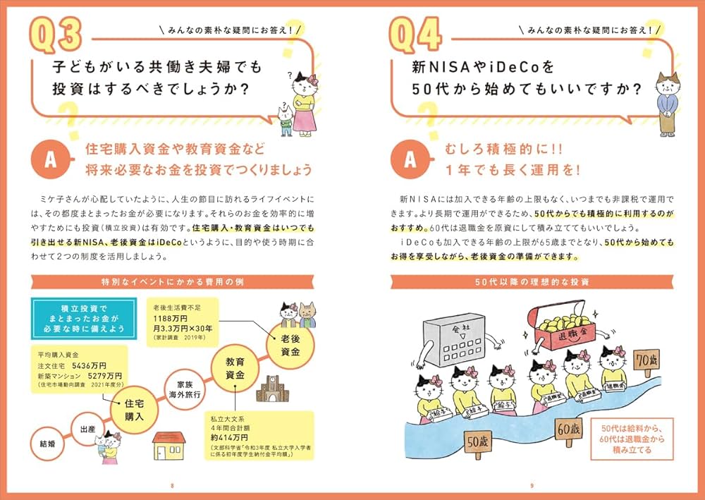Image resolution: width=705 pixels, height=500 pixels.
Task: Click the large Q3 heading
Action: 57,35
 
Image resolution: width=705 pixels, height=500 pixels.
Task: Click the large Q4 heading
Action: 416,35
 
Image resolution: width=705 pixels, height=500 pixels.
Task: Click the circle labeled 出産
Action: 88,427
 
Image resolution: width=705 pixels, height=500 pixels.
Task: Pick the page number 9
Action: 532,485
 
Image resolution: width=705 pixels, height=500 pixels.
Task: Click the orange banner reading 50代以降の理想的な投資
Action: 532,282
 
